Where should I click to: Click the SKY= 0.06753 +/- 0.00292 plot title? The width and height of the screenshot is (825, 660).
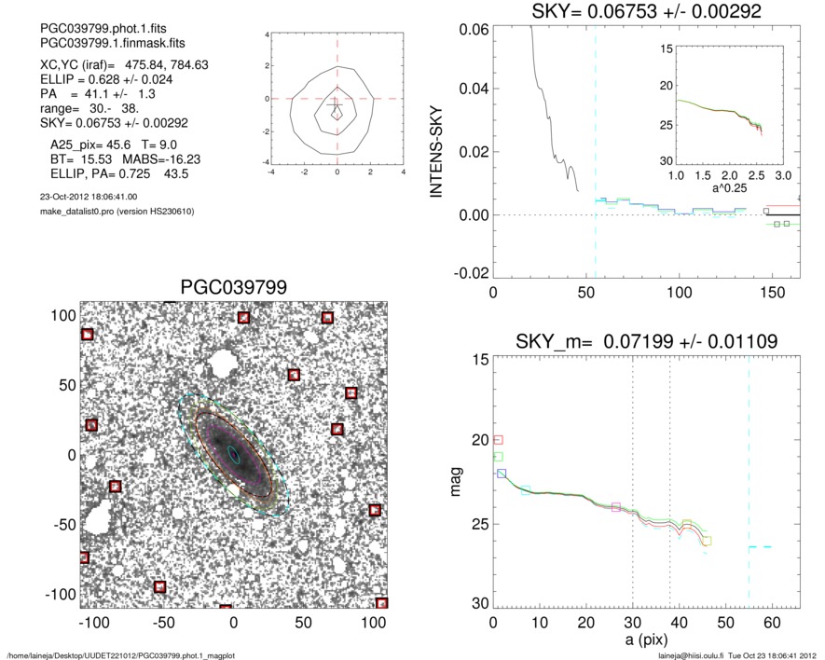click(x=647, y=11)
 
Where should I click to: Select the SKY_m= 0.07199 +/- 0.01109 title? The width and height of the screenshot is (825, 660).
click(x=647, y=342)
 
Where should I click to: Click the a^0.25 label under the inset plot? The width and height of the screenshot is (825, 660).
click(x=729, y=189)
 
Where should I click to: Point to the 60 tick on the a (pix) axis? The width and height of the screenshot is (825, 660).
click(x=772, y=624)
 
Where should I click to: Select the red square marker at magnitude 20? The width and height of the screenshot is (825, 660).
click(x=498, y=439)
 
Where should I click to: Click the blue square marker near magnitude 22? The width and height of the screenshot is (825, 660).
click(x=502, y=474)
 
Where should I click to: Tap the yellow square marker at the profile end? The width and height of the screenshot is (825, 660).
click(x=707, y=541)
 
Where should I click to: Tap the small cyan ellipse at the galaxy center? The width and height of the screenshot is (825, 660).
click(x=234, y=455)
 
